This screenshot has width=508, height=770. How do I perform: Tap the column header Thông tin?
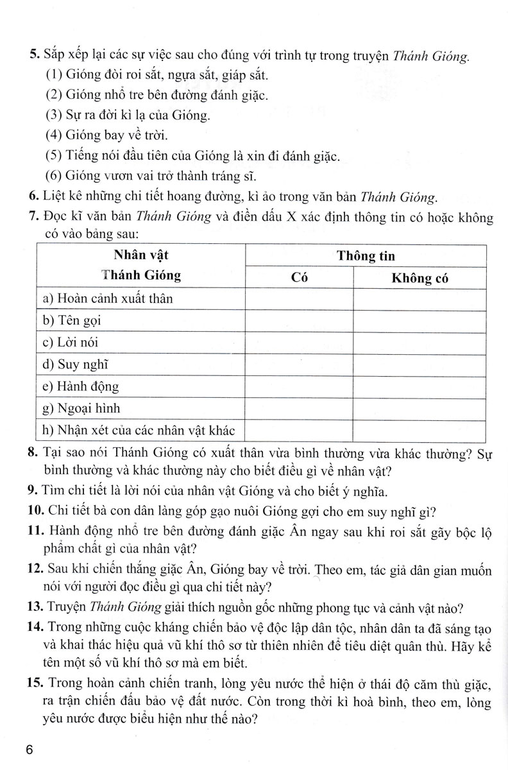(x=366, y=256)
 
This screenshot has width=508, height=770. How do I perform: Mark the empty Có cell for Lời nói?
(x=299, y=343)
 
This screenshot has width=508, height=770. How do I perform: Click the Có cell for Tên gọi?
(x=299, y=320)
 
